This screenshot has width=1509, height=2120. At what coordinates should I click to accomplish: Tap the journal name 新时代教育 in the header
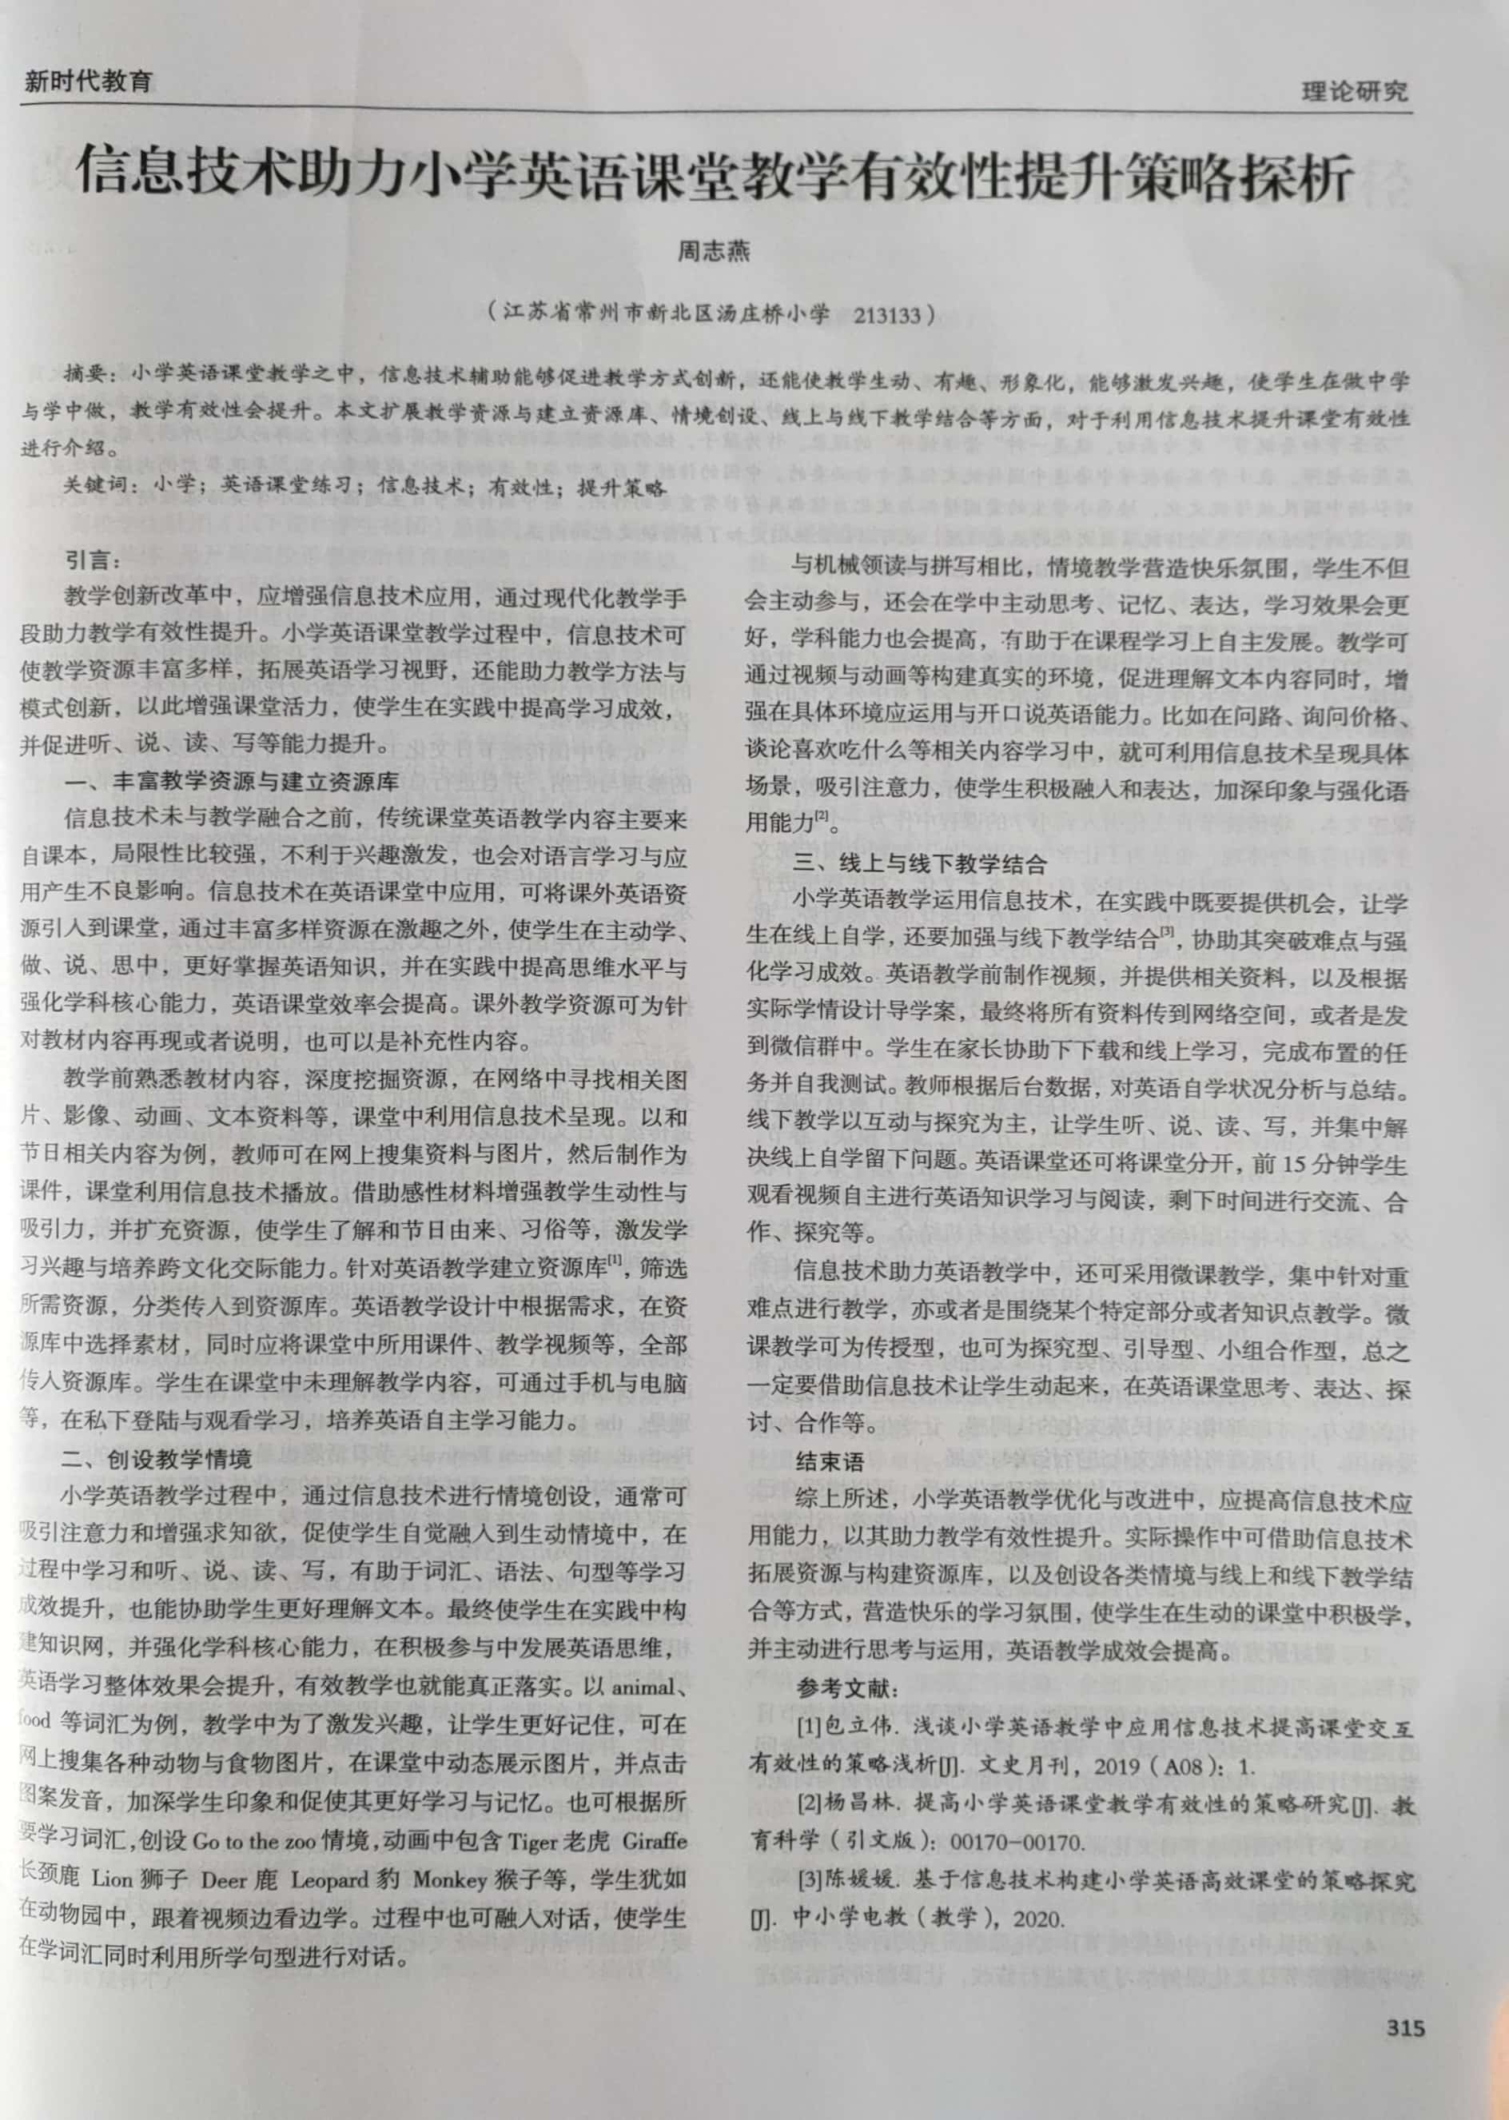click(87, 82)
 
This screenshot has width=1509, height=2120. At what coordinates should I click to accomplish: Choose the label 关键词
click(96, 485)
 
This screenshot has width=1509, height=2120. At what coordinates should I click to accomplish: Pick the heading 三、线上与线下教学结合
click(920, 863)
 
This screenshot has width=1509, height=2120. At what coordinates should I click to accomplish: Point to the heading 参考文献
click(846, 1687)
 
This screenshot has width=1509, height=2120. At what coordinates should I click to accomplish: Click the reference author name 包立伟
click(844, 1727)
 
